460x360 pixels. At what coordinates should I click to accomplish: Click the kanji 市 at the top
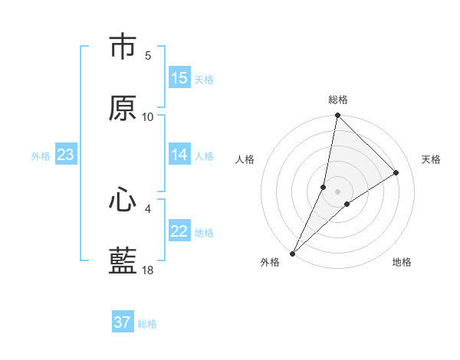[x=123, y=48]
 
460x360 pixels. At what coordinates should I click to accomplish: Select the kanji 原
[x=123, y=108]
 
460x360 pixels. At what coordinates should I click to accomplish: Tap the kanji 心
[x=123, y=200]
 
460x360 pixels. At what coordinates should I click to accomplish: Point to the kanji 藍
[x=123, y=260]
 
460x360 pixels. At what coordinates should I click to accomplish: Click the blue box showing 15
[x=179, y=78]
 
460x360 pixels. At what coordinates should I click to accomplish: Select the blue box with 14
[x=179, y=155]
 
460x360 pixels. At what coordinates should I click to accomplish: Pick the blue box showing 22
[x=179, y=231]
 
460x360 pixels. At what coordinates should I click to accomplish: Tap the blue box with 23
[x=65, y=155]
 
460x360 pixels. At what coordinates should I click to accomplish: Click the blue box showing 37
[x=123, y=322]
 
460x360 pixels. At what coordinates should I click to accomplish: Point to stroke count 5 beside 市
[x=148, y=55]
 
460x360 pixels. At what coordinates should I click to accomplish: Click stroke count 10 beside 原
[x=148, y=116]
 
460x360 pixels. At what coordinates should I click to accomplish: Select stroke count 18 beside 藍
[x=148, y=270]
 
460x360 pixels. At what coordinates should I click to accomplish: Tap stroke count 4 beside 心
[x=148, y=208]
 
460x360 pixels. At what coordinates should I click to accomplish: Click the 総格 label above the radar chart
[x=338, y=100]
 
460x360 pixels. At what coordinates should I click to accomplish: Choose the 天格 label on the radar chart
[x=431, y=159]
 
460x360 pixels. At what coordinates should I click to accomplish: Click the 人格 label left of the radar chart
[x=245, y=159]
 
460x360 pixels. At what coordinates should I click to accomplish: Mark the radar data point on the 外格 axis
[x=293, y=253]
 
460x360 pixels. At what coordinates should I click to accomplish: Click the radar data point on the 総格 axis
[x=337, y=116]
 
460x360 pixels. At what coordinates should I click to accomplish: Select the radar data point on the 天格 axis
[x=396, y=173]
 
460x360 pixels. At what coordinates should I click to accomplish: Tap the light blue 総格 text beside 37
[x=147, y=324]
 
